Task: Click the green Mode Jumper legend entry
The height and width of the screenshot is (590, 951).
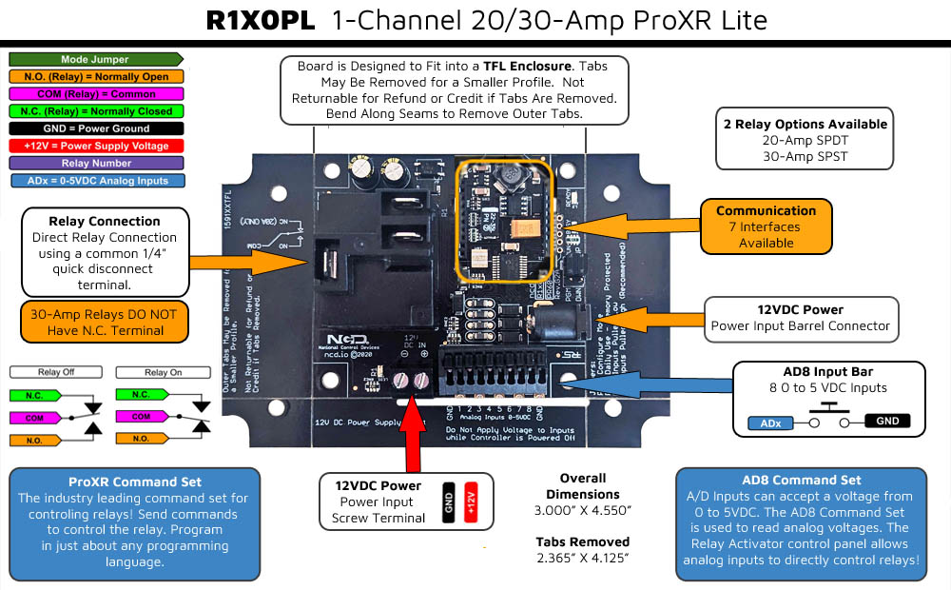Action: coord(94,60)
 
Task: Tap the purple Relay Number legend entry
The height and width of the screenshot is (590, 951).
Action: coord(95,163)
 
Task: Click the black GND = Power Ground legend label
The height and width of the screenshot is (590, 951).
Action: coord(96,128)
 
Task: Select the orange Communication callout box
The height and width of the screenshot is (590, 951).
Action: coord(766,226)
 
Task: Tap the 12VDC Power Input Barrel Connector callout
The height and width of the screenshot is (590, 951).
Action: coord(801,318)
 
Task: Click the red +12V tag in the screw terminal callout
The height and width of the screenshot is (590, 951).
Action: coord(470,502)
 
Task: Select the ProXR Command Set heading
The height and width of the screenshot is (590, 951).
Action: coord(134,482)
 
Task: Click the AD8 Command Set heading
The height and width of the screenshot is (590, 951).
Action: coord(801,481)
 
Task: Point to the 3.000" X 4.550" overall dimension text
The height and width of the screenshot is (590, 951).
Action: coord(583,510)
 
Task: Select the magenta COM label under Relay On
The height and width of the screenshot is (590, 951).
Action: coord(141,417)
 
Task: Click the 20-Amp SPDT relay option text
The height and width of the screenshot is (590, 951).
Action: coord(805,140)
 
